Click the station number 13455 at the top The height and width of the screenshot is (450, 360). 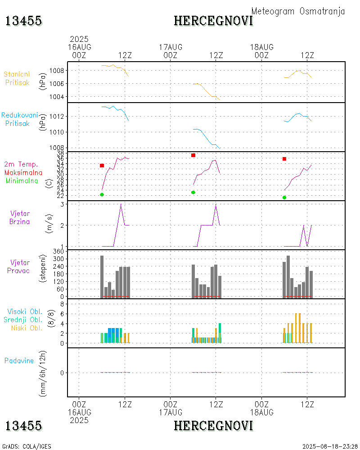click(24, 21)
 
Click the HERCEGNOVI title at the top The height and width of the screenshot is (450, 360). click(213, 21)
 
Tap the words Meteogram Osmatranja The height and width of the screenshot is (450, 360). click(298, 11)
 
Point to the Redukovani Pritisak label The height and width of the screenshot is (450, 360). click(19, 119)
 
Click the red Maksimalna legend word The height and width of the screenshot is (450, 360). click(23, 172)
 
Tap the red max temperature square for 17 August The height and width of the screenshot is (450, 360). click(193, 155)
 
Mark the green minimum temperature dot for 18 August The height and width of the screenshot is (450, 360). click(284, 198)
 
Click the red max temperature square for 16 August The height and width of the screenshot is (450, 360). click(102, 166)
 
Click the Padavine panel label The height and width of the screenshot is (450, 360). click(19, 360)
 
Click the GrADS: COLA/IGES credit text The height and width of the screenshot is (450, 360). click(27, 446)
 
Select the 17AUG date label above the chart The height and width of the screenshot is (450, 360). click(171, 47)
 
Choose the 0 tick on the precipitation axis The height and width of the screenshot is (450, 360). click(61, 373)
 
